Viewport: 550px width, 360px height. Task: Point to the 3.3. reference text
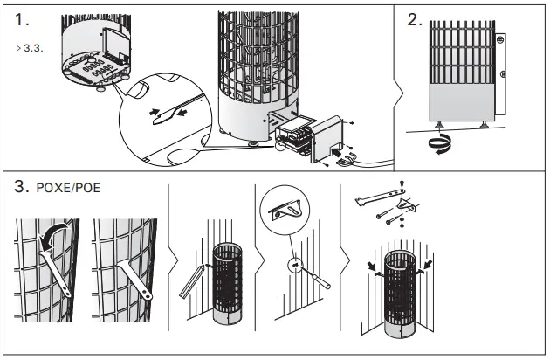click(31, 45)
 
